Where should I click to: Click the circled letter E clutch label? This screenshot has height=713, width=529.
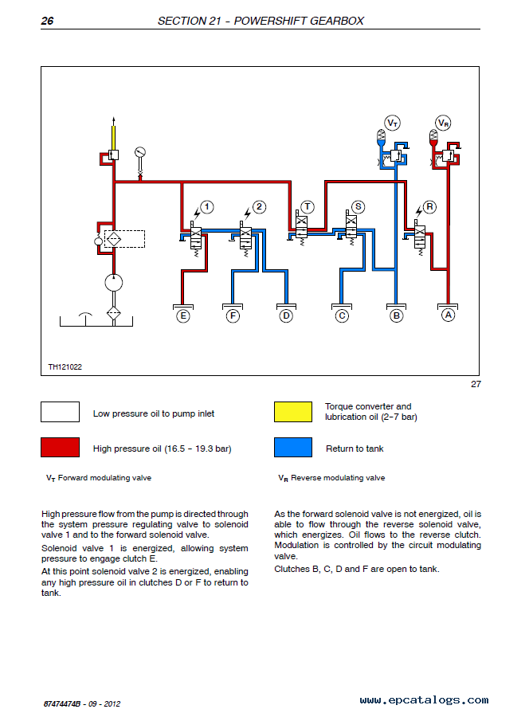click(x=183, y=315)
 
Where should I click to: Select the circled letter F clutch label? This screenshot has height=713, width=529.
click(x=233, y=315)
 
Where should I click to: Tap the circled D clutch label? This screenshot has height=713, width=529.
click(x=286, y=315)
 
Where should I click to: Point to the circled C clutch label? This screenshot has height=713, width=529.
click(x=342, y=315)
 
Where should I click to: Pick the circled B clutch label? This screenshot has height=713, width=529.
click(x=396, y=315)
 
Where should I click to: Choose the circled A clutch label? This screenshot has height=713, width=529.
click(x=448, y=315)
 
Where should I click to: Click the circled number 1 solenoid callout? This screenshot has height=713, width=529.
click(x=207, y=207)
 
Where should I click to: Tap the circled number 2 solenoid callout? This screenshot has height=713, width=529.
click(x=259, y=207)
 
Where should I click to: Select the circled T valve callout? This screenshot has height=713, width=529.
click(x=308, y=207)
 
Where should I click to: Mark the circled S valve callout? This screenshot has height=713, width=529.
click(x=359, y=207)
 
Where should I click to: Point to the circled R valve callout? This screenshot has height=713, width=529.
click(x=429, y=207)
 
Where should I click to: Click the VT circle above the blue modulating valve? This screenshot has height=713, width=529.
click(x=393, y=123)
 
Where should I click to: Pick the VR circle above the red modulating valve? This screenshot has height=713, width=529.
click(x=443, y=123)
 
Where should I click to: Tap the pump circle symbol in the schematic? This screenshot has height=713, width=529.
click(x=114, y=282)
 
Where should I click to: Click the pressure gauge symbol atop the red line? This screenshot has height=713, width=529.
click(x=140, y=152)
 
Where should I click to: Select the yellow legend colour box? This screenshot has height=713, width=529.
click(x=293, y=412)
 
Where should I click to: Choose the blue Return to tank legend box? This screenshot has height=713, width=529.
click(x=293, y=447)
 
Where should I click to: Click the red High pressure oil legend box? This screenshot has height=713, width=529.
click(x=60, y=447)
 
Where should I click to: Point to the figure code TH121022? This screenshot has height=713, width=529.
click(x=65, y=367)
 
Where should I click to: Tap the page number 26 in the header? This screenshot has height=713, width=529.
click(x=47, y=21)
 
